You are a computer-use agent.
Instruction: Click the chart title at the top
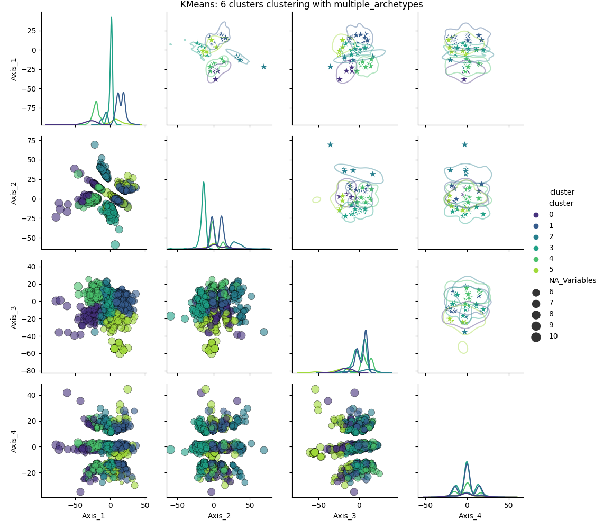pyautogui.click(x=301, y=5)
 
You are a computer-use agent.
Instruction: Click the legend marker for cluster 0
pyautogui.click(x=536, y=215)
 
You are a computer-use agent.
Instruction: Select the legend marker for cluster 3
pyautogui.click(x=536, y=248)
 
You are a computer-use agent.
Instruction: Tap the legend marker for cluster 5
pyautogui.click(x=536, y=270)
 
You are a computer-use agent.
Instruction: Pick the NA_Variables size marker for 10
pyautogui.click(x=536, y=338)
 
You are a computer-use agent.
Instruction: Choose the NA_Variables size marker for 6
pyautogui.click(x=536, y=293)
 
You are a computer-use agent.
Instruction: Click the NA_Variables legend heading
pyautogui.click(x=572, y=280)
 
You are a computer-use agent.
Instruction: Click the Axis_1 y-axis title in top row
pyautogui.click(x=13, y=69)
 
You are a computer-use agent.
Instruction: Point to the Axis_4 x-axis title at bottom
pyautogui.click(x=470, y=516)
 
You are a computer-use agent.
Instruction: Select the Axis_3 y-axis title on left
pyautogui.click(x=13, y=317)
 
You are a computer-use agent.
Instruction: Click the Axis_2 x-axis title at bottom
pyautogui.click(x=219, y=516)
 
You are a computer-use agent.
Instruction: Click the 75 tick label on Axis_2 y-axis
pyautogui.click(x=32, y=141)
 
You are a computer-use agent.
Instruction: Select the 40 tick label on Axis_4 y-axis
pyautogui.click(x=32, y=395)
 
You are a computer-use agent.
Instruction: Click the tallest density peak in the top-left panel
pyautogui.click(x=112, y=17)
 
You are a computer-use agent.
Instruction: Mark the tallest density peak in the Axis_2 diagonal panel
pyautogui.click(x=204, y=183)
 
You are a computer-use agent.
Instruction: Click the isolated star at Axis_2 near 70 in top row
pyautogui.click(x=264, y=67)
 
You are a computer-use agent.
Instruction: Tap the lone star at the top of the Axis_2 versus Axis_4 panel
pyautogui.click(x=464, y=144)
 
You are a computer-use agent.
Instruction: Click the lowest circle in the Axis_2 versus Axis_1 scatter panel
pyautogui.click(x=115, y=244)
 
